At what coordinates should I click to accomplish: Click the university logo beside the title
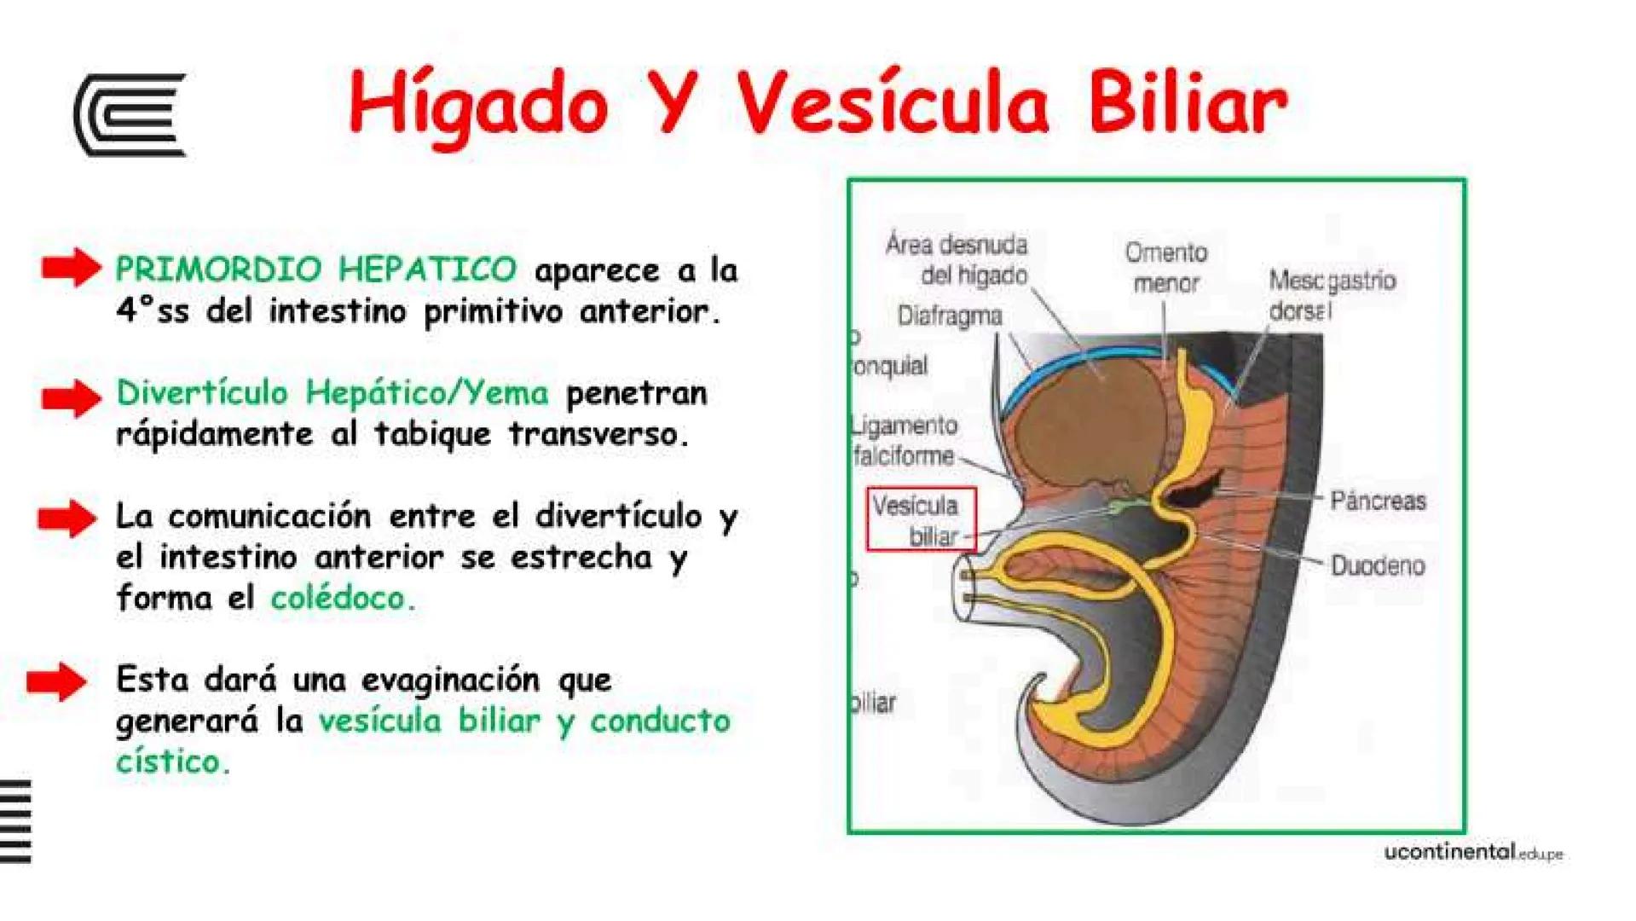coord(130,115)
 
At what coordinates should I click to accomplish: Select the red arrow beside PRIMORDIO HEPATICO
coord(72,268)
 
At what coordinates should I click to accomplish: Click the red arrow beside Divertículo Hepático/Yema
coord(72,397)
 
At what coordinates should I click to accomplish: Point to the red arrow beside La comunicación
coord(68,518)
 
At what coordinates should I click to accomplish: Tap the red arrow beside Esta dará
coord(57,681)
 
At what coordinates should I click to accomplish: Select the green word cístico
coord(172,762)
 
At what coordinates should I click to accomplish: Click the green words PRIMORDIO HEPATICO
coord(315,269)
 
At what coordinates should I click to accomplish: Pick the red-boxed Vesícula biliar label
coord(921,519)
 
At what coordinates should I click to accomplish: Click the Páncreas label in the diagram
coord(1378,501)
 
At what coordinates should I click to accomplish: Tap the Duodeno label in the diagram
coord(1378,565)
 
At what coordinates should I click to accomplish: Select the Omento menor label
coord(1165,267)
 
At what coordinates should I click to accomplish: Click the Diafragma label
coord(950,316)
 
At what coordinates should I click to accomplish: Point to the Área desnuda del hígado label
coord(958,259)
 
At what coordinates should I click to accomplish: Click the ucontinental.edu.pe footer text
coord(1472,852)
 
